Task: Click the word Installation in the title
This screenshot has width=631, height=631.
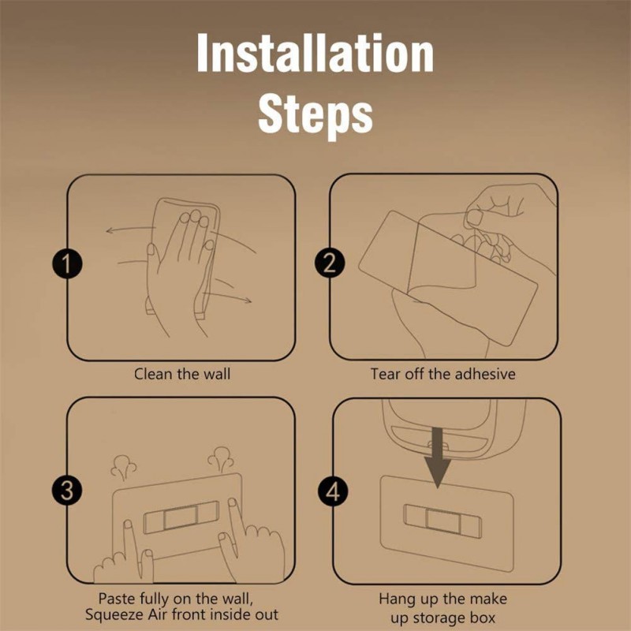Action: pos(315,53)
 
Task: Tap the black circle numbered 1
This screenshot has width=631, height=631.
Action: pos(67,263)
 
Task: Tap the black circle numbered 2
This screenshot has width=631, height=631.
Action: pos(330,263)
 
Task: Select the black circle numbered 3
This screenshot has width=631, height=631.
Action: pos(67,491)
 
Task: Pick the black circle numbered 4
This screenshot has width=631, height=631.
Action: pos(333,491)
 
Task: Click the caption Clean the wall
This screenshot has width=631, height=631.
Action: pos(182,374)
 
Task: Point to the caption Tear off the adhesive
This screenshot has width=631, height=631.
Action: pos(442,374)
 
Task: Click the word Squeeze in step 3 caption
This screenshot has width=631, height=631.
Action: pos(114,615)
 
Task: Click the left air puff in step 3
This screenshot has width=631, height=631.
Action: pos(124,467)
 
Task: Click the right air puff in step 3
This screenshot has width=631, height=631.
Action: pos(221,459)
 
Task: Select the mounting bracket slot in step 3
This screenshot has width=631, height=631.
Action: pos(181,517)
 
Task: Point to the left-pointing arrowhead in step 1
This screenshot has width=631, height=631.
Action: pos(109,230)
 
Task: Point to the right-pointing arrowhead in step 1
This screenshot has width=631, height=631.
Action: pos(248,301)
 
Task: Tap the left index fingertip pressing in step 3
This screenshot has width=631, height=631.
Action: pos(128,525)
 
